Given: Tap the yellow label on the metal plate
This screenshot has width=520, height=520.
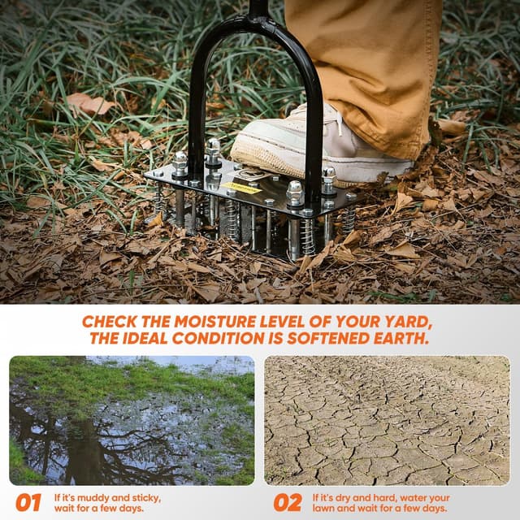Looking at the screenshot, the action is tap(241, 188).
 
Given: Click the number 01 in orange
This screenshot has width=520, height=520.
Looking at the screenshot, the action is tap(28, 502).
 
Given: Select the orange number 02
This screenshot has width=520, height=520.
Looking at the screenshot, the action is tap(288, 502).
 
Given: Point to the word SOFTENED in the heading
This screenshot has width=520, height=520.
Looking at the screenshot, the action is tap(327, 339).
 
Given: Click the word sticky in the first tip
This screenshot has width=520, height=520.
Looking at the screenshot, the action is tap(146, 499).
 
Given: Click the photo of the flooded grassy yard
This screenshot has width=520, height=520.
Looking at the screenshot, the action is tap(132, 421).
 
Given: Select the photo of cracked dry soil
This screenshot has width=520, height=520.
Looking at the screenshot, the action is tap(387, 421).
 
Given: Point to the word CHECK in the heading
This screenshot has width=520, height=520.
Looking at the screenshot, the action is tap(110, 322).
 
